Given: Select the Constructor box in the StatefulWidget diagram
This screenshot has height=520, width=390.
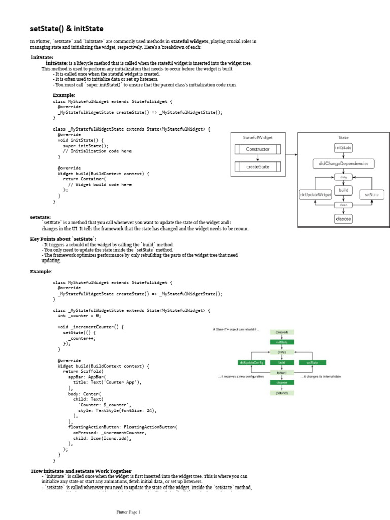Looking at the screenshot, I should point(258,149).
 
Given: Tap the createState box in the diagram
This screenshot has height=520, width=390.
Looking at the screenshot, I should point(258,166).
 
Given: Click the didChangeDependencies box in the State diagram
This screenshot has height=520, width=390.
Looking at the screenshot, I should point(343,164).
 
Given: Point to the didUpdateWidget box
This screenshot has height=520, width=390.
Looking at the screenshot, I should point(315,194).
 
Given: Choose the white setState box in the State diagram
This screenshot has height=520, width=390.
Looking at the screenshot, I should point(372,194).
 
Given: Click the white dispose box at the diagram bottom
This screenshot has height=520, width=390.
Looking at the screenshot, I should point(343,218).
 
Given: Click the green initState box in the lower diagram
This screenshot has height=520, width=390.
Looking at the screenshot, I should point(282,342).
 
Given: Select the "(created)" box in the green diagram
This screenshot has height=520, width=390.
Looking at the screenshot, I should point(282,332).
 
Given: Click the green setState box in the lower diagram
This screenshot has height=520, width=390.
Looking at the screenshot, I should point(312,362).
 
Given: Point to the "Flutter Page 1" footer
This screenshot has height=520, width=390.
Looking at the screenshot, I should point(129,512).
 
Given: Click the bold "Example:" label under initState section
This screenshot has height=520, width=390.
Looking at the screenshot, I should point(64,95).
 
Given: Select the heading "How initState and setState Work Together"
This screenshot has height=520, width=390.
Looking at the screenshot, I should point(81,471).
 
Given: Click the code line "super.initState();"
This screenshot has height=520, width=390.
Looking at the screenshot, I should point(86,145).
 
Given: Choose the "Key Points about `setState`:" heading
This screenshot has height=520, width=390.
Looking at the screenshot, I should point(63,238).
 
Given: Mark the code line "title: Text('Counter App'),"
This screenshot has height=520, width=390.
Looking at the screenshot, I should point(107,382).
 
